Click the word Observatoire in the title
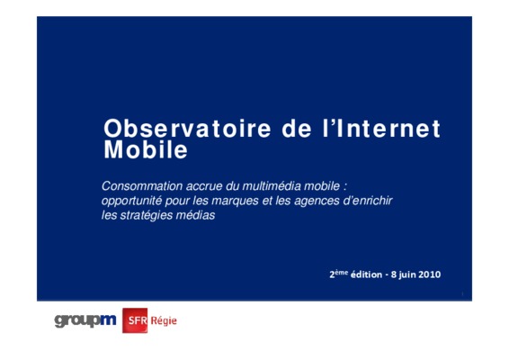187,129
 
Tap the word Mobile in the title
146,149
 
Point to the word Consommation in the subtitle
142,186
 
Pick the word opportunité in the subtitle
131,201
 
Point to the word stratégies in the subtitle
146,215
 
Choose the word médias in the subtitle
195,215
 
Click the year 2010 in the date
430,274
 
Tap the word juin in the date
406,275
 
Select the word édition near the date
367,274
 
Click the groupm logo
85,321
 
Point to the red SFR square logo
135,320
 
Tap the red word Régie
164,321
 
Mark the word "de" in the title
297,129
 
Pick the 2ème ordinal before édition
338,274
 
